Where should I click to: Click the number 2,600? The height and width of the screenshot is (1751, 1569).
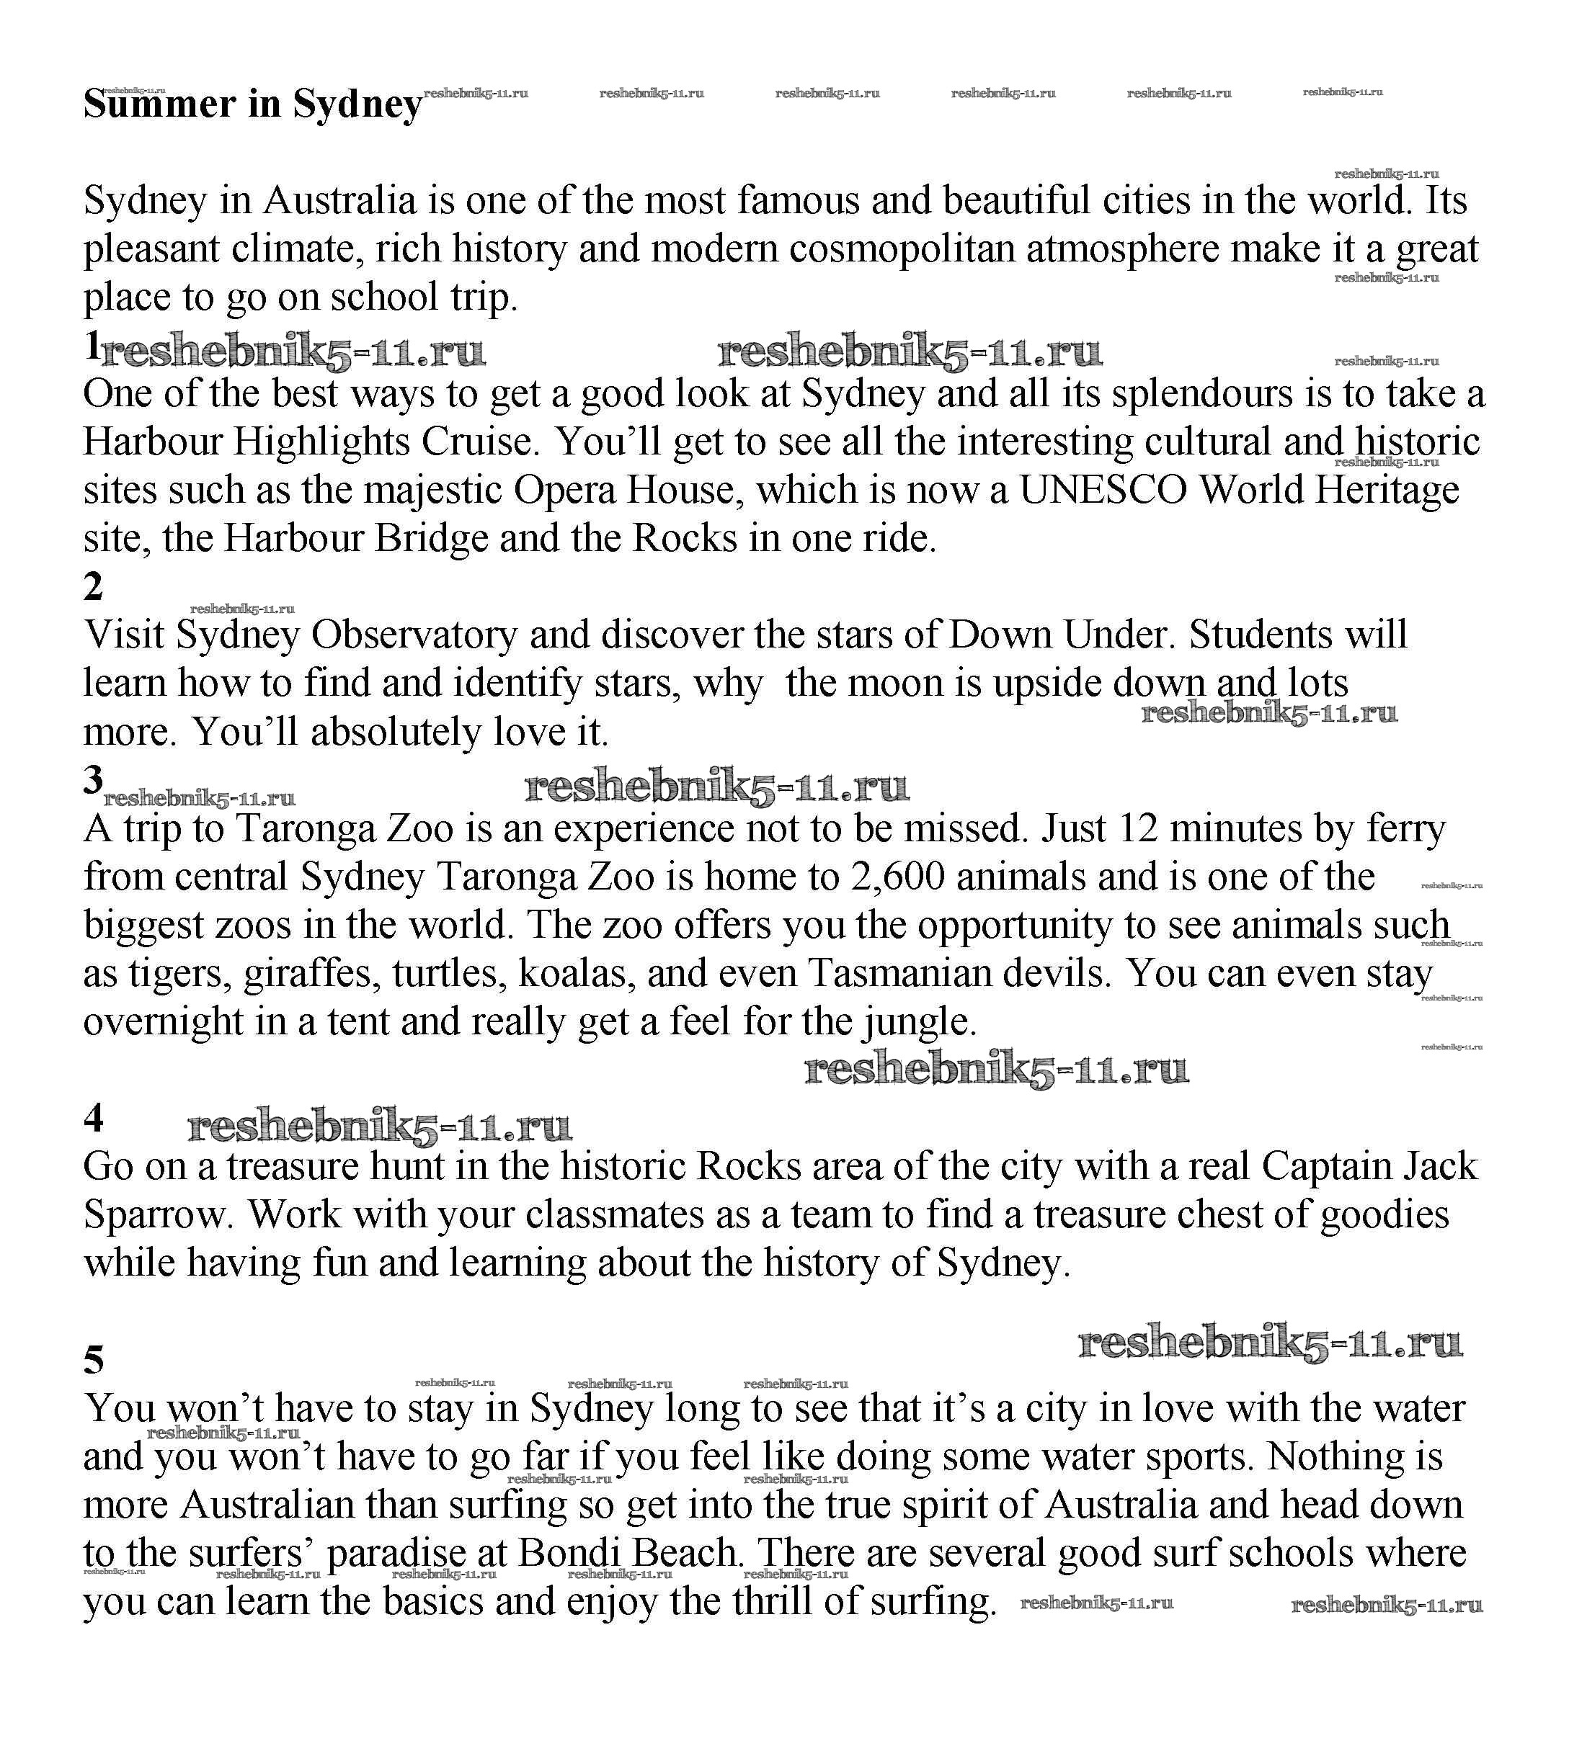(x=898, y=877)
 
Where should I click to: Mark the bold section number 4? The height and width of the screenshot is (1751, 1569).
(x=93, y=1119)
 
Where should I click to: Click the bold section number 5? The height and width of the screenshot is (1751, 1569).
(x=93, y=1360)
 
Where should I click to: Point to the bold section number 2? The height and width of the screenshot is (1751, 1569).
(x=93, y=587)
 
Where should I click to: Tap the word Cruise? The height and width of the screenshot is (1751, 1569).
(x=480, y=442)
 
